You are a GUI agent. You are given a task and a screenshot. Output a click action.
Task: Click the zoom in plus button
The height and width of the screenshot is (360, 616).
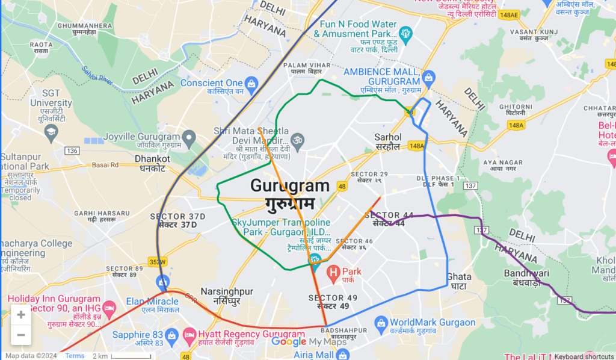pyautogui.click(x=21, y=314)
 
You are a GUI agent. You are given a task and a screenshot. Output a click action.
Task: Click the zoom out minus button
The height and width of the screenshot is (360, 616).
pyautogui.click(x=21, y=335)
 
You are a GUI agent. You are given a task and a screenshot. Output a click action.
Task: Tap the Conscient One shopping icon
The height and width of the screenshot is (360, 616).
pyautogui.click(x=251, y=83)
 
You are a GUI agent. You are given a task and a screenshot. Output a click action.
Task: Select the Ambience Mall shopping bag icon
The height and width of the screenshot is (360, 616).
pyautogui.click(x=428, y=77)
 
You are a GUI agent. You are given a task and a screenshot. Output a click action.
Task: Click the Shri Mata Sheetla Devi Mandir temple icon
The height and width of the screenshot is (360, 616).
pyautogui.click(x=298, y=140)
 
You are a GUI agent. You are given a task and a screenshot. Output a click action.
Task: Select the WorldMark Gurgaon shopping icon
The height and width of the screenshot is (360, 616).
pyautogui.click(x=380, y=324)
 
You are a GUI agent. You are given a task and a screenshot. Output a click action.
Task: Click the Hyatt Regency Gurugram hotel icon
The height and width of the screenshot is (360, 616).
pyautogui.click(x=189, y=334)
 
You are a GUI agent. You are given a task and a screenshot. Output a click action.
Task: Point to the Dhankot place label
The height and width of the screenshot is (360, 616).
pyautogui.click(x=152, y=163)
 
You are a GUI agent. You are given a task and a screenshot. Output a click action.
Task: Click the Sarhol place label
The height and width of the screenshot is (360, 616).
pyautogui.click(x=387, y=141)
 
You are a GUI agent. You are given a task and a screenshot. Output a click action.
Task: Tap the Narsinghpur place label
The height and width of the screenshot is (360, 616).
pyautogui.click(x=227, y=295)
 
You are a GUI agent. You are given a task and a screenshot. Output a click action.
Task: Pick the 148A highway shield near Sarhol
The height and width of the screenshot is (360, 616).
pyautogui.click(x=416, y=146)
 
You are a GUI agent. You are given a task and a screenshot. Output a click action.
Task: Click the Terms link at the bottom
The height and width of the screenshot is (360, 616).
pyautogui.click(x=75, y=356)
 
